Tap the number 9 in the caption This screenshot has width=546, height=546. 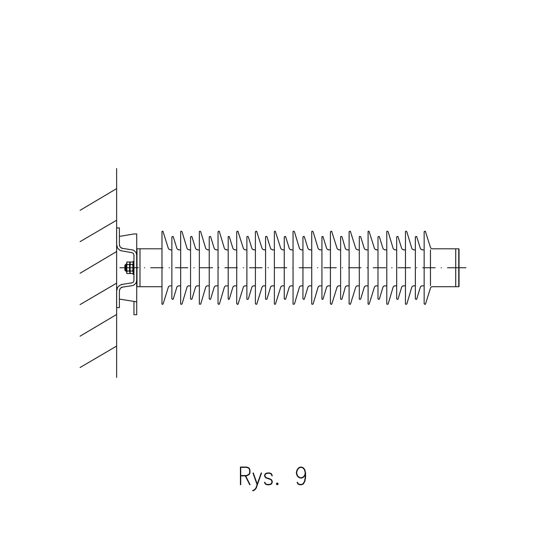click(x=301, y=476)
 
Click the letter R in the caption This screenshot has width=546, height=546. click(x=245, y=476)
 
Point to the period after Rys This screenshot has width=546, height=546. click(x=277, y=484)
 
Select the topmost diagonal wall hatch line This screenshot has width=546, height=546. click(x=98, y=199)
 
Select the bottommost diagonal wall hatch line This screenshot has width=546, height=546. click(x=98, y=357)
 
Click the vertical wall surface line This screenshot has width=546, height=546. click(x=117, y=273)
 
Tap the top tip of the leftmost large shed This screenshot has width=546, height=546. click(x=162, y=231)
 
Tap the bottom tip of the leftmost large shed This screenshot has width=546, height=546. click(x=162, y=304)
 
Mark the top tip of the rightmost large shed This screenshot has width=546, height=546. click(x=425, y=231)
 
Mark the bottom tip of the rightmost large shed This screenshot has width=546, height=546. click(x=425, y=304)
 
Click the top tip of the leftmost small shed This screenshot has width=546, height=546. click(x=172, y=237)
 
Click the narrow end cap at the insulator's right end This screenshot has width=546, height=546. click(x=457, y=268)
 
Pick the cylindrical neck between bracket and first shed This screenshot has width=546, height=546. click(x=151, y=268)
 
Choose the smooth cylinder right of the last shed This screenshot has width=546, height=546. click(x=443, y=268)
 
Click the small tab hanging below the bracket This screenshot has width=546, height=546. click(x=135, y=308)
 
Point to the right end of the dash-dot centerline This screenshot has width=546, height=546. click(x=466, y=268)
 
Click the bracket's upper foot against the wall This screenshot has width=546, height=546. click(x=118, y=236)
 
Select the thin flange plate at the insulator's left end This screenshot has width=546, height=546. click(x=138, y=268)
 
